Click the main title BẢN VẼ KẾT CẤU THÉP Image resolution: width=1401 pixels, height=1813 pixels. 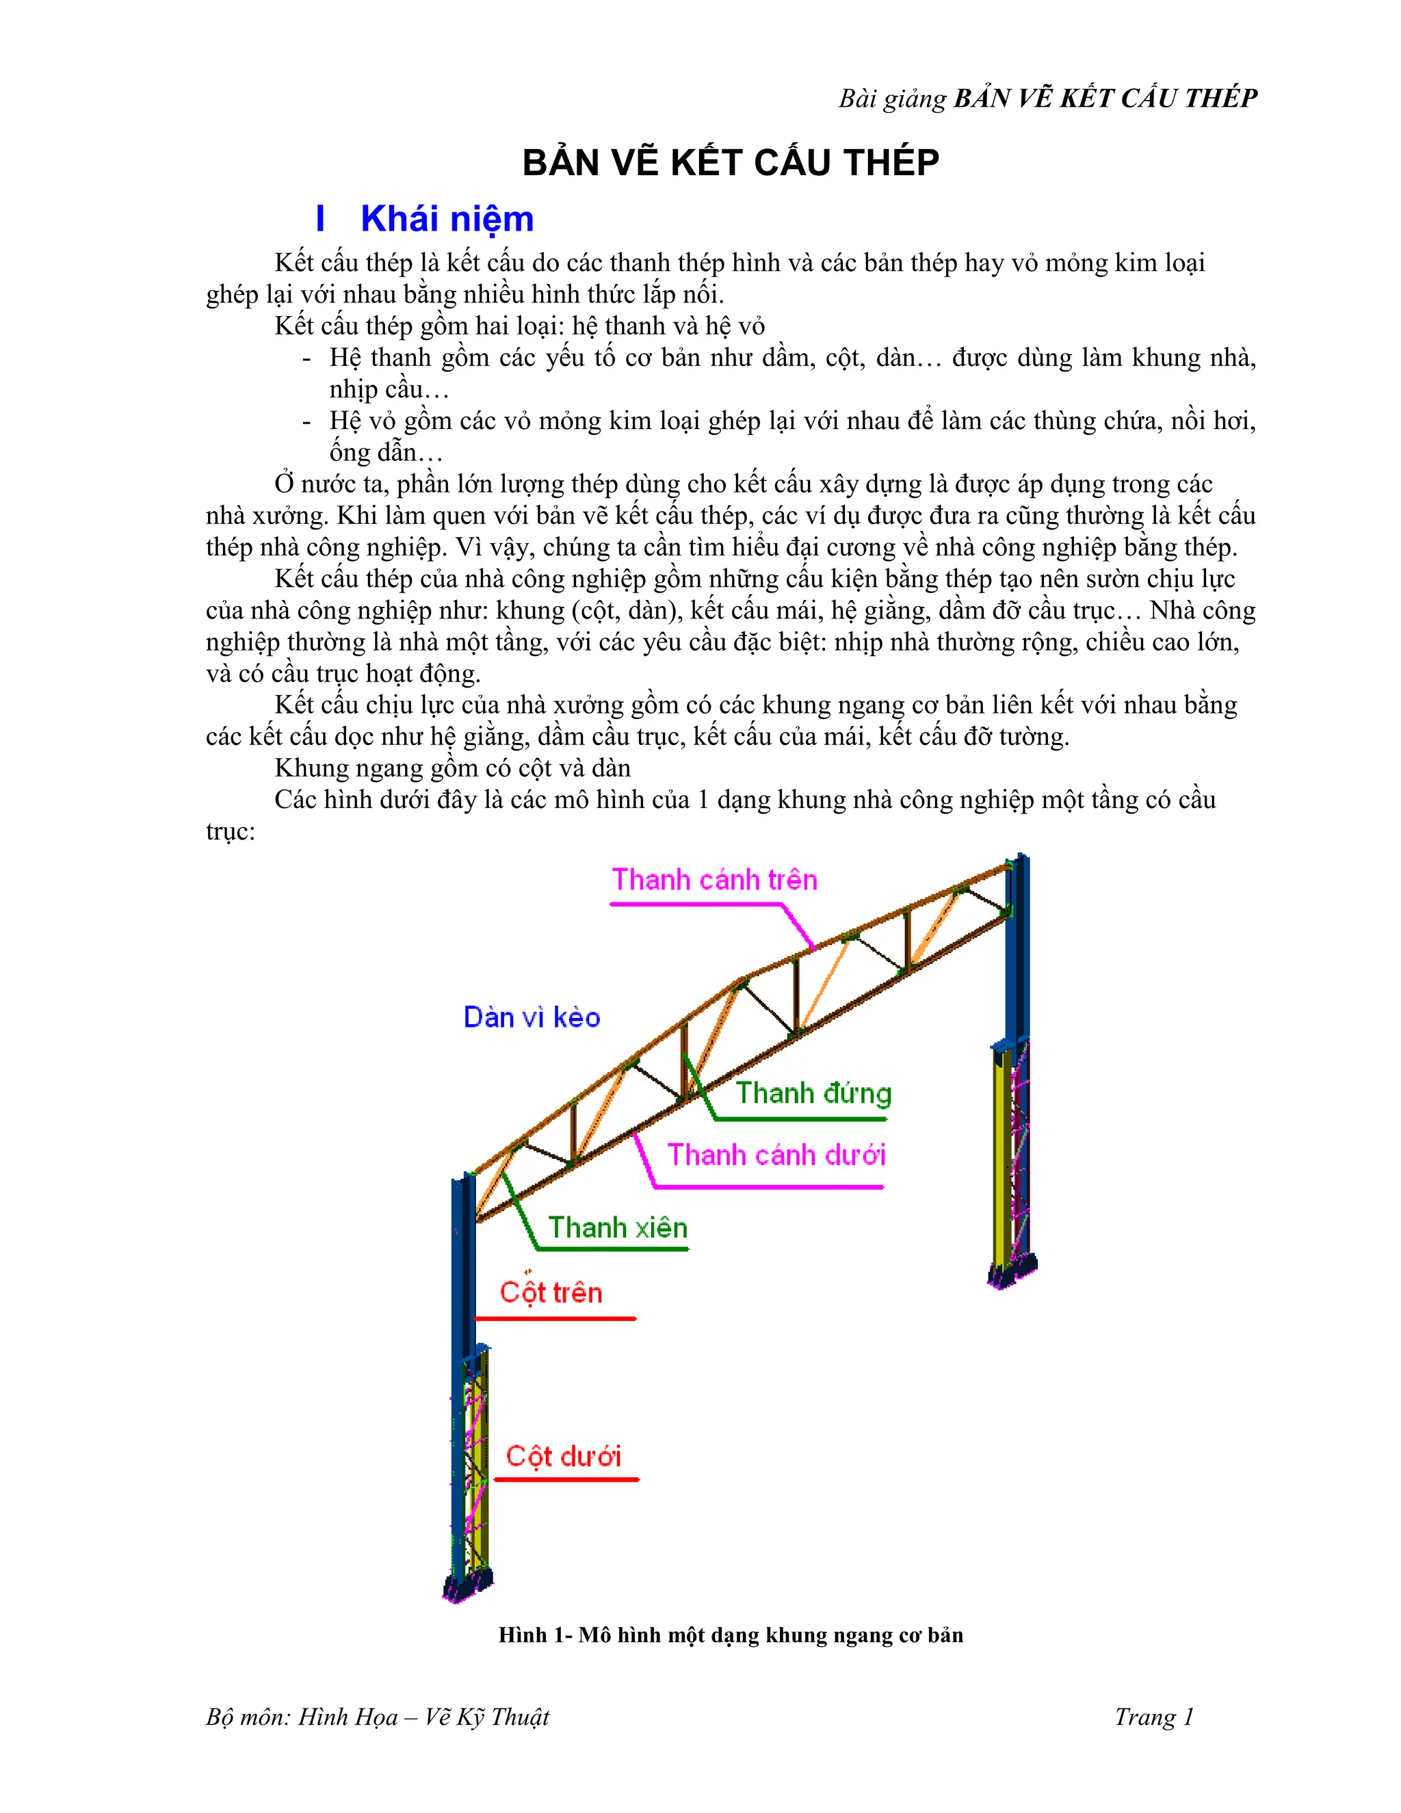pos(731,162)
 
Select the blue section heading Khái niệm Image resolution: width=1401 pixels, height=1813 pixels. pos(447,219)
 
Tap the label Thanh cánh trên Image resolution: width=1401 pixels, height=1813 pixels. pos(713,879)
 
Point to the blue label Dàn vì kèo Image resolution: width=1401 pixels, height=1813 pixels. pos(531,1017)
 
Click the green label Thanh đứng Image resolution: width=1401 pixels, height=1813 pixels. pos(813,1093)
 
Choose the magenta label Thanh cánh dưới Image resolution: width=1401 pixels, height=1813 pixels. pos(776,1155)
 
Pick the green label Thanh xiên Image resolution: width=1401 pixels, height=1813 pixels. pos(618,1227)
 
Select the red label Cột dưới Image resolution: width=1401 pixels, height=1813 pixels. pos(563,1456)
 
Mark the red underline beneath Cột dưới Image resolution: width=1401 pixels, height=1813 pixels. pos(566,1478)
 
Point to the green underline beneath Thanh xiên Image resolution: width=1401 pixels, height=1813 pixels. pos(612,1249)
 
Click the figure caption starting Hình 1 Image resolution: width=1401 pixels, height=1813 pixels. pos(731,1634)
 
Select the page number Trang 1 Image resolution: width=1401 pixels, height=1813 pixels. pos(1153,1717)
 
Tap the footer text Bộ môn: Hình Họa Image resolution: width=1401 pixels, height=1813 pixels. pos(378,1717)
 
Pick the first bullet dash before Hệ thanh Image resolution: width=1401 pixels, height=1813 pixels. pos(307,358)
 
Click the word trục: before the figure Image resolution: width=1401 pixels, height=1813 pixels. pos(230,831)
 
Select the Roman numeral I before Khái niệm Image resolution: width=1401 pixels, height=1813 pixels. pos(320,219)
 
